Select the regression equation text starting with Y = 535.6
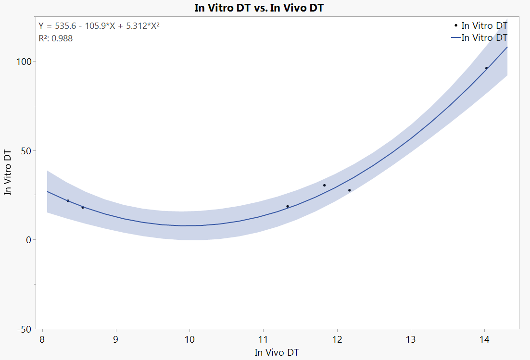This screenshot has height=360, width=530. (99, 25)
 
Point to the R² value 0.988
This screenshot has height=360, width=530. (56, 38)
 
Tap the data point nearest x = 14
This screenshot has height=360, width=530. (486, 68)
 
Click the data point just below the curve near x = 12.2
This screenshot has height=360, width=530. (350, 190)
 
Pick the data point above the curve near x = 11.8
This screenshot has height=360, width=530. (324, 185)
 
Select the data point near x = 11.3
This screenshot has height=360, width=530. (288, 206)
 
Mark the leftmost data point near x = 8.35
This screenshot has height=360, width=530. (68, 200)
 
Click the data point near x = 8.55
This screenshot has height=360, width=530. (83, 207)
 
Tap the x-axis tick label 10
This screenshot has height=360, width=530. (189, 339)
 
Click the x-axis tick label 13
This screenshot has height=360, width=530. (410, 339)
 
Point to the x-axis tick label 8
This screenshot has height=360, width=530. (42, 339)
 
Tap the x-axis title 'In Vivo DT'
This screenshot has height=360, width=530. (277, 352)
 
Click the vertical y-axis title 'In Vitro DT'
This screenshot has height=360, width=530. (8, 172)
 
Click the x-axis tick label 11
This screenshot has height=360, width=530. (263, 339)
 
